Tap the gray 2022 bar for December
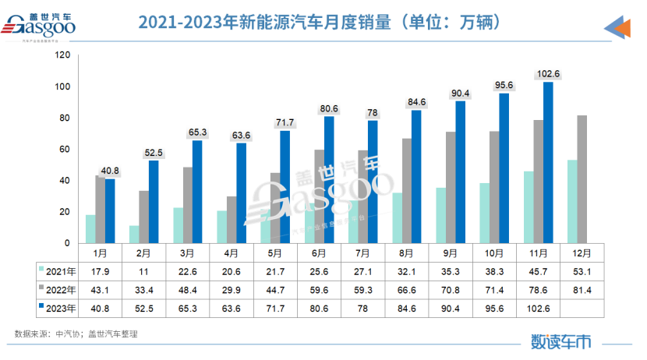pyautogui.click(x=582, y=179)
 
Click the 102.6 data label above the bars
pyautogui.click(x=548, y=74)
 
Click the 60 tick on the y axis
pyautogui.click(x=65, y=149)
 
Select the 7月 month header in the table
pyautogui.click(x=363, y=252)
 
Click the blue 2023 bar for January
pyautogui.click(x=110, y=210)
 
